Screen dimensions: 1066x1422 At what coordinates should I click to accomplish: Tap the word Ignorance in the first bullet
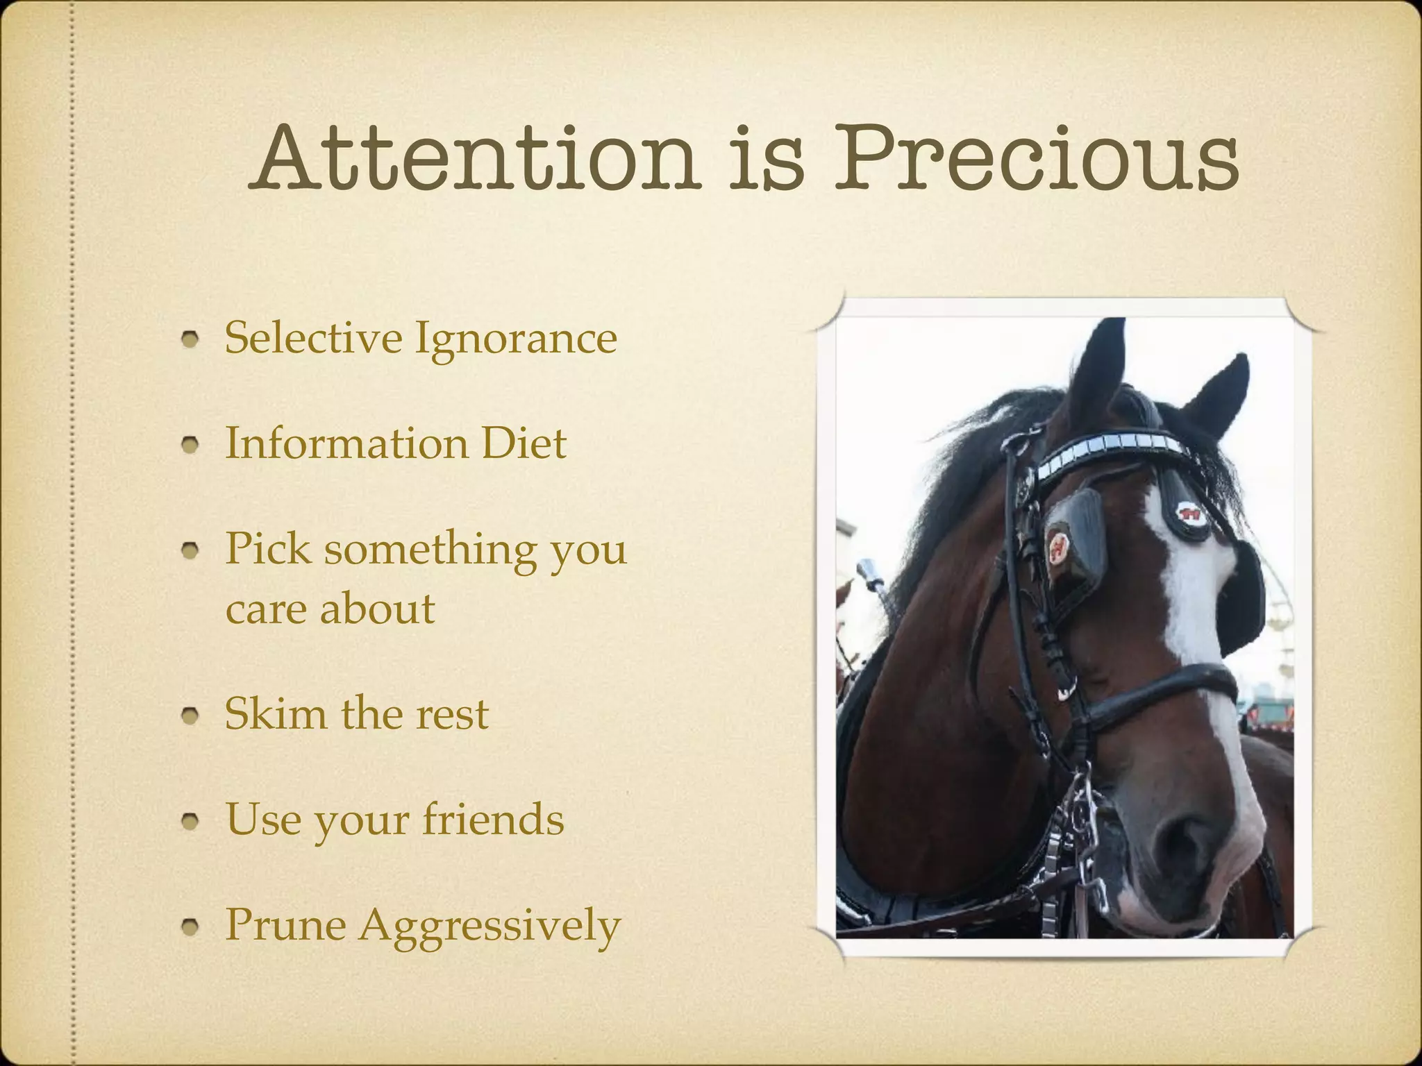coord(515,339)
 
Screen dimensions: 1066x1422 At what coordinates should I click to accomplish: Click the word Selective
coord(313,338)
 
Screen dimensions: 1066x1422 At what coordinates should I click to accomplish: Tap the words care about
coord(330,609)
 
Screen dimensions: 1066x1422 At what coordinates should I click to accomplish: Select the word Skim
coord(276,713)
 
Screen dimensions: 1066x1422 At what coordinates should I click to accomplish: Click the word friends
coord(493,819)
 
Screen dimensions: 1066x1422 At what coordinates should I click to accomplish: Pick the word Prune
coord(285,925)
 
